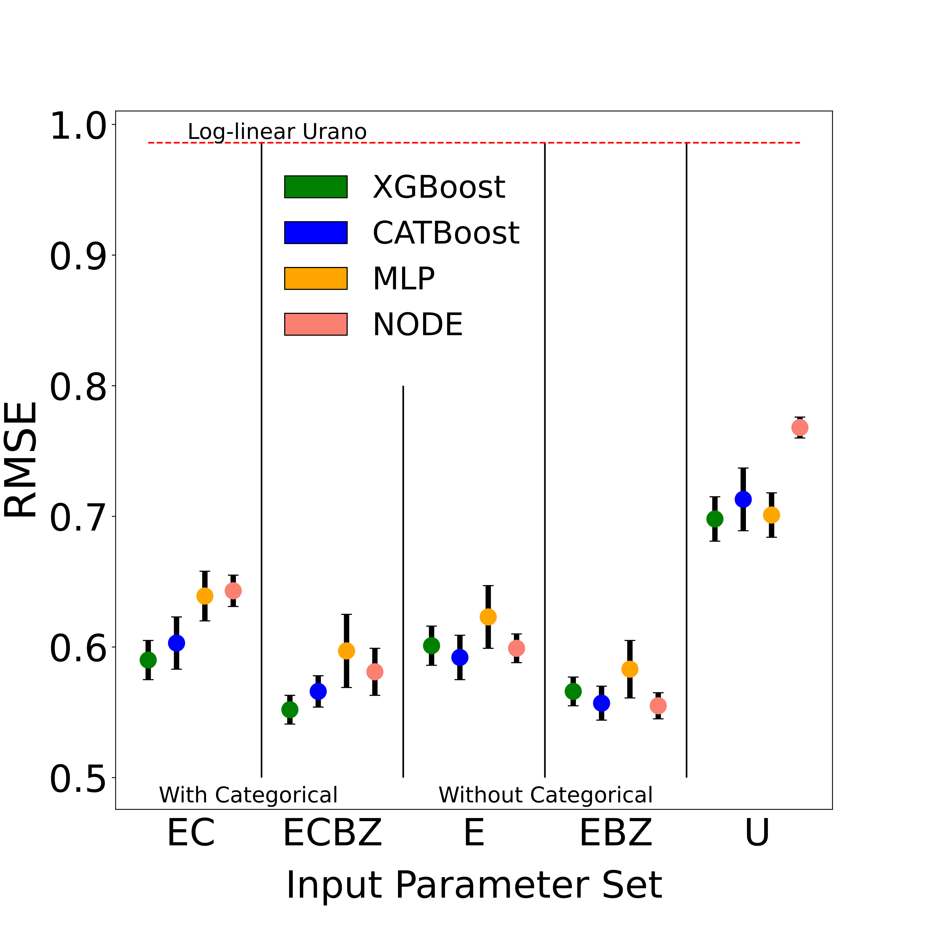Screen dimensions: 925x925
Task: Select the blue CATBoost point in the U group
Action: click(x=743, y=499)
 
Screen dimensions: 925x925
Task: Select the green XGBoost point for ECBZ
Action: click(x=290, y=709)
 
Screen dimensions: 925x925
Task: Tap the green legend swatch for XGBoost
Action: click(x=316, y=187)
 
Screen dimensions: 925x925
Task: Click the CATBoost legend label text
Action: click(x=446, y=233)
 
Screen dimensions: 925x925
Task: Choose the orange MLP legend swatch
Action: click(x=316, y=279)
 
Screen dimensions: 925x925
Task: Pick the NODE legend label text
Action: click(x=418, y=325)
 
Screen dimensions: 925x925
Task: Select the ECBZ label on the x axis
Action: click(x=333, y=834)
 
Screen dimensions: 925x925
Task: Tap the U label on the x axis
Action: click(x=757, y=834)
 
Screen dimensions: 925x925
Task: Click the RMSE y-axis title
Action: click(x=21, y=460)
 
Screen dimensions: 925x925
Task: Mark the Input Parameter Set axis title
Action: click(x=474, y=886)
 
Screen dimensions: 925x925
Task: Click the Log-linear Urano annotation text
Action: click(x=277, y=132)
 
